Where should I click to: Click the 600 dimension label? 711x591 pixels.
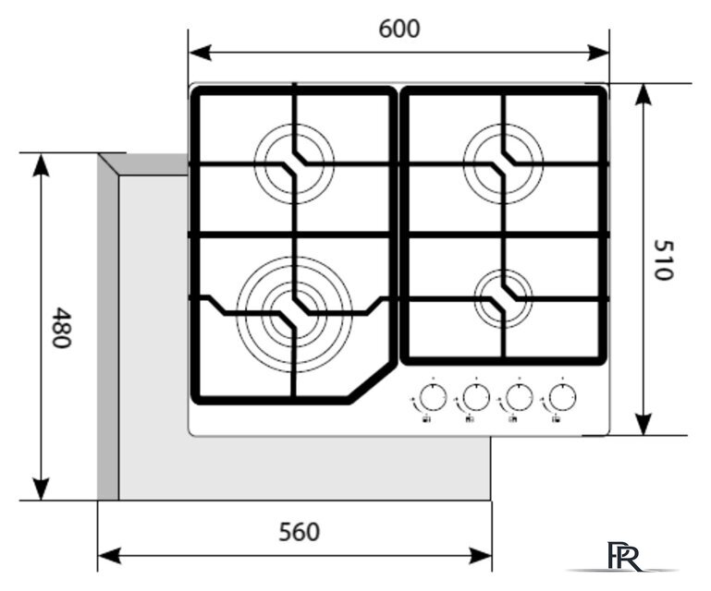coord(399,29)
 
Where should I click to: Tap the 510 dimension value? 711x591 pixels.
coord(664,259)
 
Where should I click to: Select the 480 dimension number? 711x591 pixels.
coord(61,328)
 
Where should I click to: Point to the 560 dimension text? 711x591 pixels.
coord(299,532)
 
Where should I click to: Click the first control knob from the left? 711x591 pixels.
coord(433,398)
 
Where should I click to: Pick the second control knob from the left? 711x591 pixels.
coord(476,398)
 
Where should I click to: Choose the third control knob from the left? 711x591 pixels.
coord(520,398)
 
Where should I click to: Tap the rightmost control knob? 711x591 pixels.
coord(562,398)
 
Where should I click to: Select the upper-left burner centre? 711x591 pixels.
coord(294,163)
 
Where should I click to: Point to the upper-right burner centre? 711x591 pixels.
coord(503,163)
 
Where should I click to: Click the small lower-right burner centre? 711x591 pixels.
coord(503,299)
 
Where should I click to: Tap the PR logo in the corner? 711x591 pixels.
coord(625,556)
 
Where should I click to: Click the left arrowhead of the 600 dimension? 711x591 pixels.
coord(200,53)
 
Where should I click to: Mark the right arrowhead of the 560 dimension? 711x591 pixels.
coord(480,555)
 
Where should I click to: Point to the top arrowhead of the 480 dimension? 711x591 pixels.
coord(42,165)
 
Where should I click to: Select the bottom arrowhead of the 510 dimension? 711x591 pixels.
coord(643,424)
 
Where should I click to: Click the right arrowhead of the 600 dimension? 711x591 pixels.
coord(597,53)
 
